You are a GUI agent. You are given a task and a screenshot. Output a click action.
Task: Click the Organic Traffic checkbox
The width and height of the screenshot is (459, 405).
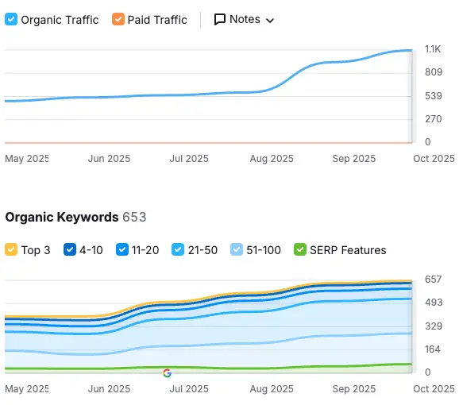tap(10, 19)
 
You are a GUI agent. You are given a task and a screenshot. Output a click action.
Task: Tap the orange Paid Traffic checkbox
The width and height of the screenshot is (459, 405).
tap(118, 19)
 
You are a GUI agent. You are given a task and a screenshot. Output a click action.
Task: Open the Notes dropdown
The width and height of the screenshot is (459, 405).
tap(244, 19)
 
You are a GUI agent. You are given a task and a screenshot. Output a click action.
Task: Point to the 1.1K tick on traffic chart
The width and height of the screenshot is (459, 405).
tap(433, 49)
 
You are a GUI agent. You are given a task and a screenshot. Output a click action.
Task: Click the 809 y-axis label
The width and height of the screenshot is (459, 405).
tap(433, 72)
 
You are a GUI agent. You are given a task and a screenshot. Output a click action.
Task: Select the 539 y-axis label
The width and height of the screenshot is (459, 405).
tap(433, 96)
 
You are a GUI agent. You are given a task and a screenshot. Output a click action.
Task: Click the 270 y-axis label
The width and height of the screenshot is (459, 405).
tap(433, 119)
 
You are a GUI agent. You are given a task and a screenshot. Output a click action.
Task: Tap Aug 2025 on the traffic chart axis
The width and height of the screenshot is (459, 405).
tap(271, 159)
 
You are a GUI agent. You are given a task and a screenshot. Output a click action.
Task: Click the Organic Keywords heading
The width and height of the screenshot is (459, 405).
tap(62, 217)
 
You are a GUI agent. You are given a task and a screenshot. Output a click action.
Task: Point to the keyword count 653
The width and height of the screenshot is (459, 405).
tap(134, 217)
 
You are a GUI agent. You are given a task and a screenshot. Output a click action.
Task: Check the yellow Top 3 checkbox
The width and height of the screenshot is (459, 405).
tap(11, 250)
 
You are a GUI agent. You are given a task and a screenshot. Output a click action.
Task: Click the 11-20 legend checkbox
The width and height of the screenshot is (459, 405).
tap(122, 250)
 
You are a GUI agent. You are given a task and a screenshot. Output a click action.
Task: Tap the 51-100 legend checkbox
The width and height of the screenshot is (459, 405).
tap(236, 250)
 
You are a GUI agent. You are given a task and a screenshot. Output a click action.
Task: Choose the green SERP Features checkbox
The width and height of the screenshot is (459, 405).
tap(299, 250)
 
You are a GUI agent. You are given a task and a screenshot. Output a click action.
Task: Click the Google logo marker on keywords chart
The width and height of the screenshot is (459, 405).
tap(167, 372)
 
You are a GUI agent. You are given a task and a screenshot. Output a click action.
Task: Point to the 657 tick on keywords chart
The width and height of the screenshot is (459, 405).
tap(433, 280)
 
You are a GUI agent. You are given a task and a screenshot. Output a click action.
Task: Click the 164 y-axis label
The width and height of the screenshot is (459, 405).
tap(433, 349)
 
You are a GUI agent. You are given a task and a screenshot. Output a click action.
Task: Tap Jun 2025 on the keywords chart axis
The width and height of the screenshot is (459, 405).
tap(109, 389)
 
